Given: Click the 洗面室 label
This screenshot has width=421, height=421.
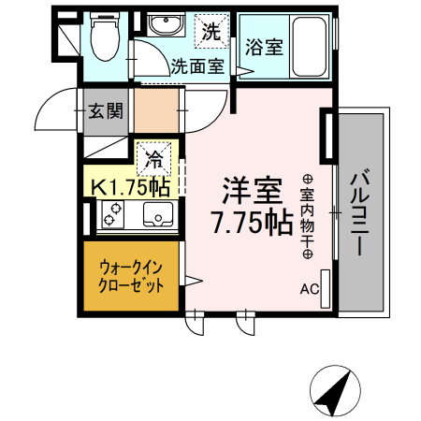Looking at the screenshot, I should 197,65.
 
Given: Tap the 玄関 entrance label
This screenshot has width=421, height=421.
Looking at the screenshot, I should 107,111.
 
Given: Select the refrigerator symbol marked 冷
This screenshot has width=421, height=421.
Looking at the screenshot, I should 153,158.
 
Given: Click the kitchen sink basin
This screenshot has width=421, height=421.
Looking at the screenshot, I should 155,219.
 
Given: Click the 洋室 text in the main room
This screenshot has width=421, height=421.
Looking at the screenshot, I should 252,191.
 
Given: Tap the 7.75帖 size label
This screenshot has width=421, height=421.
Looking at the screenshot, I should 251,225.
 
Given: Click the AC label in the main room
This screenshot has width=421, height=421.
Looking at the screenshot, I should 310,289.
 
